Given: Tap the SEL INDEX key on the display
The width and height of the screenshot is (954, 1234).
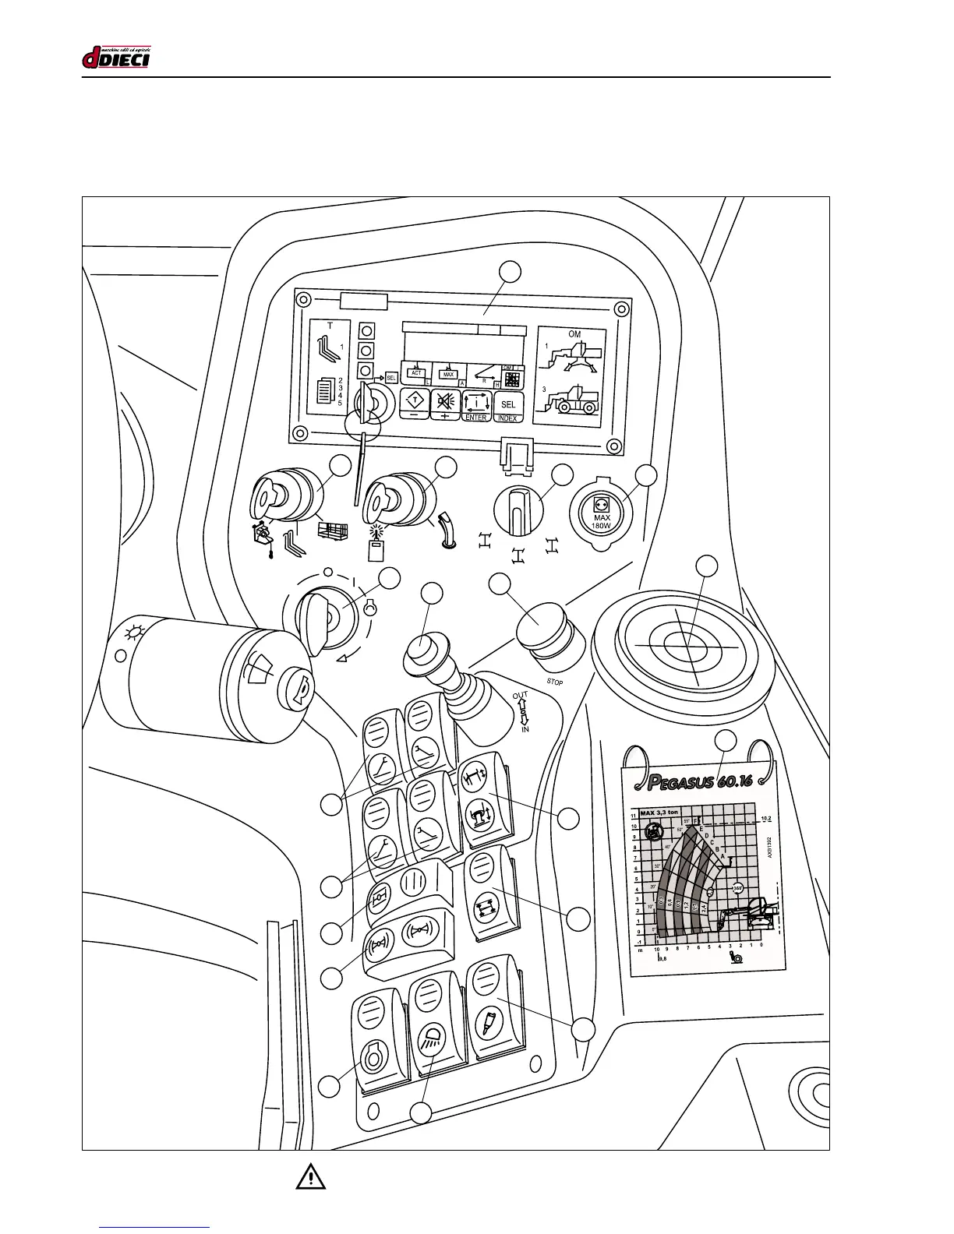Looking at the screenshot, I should click(508, 407).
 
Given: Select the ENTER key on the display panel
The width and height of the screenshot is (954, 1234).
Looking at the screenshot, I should click(475, 407).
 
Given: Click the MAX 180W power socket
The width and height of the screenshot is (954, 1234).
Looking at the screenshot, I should click(602, 514).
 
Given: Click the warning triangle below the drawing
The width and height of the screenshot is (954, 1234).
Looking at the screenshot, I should click(310, 1176).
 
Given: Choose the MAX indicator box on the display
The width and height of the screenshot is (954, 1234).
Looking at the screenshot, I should click(448, 374).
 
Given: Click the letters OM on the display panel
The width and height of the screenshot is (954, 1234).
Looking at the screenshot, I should click(574, 333).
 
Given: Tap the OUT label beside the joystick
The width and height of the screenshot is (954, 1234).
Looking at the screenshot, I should click(520, 695).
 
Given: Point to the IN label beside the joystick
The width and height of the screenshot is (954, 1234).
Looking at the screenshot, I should click(525, 730).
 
